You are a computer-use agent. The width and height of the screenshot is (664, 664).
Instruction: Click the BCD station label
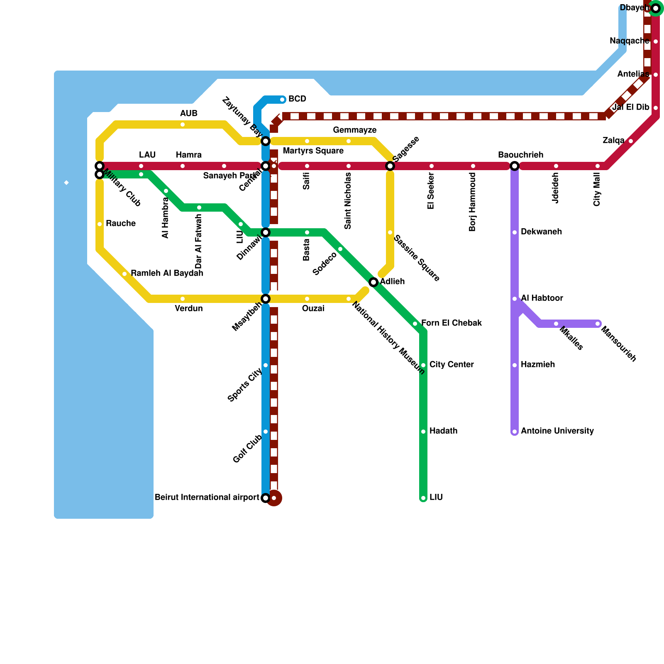297,99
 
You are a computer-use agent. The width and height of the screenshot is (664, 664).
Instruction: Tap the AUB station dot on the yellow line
183,124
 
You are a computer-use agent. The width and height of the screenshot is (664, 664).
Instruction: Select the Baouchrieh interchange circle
515,166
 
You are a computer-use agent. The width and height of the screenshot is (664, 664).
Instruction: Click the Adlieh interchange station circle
373,282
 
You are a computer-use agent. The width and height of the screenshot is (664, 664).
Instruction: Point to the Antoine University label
557,431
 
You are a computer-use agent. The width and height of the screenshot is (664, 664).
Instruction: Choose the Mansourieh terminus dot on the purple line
598,324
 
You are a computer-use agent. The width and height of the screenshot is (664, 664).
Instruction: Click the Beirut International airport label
207,497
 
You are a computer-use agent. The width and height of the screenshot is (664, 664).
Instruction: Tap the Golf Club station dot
266,432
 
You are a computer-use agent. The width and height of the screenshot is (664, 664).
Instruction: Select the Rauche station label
121,224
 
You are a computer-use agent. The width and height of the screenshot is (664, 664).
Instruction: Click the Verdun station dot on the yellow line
183,299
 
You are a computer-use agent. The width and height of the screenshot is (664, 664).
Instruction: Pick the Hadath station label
443,431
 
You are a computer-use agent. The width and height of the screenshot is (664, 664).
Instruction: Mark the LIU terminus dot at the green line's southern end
423,498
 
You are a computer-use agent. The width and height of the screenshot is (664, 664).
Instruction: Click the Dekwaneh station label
541,232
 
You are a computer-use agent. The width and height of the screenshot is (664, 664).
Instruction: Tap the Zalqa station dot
631,141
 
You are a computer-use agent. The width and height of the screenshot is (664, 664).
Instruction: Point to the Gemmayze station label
354,130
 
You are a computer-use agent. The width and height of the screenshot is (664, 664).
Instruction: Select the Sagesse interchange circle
390,166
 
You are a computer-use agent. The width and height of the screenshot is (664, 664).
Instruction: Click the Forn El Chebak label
452,323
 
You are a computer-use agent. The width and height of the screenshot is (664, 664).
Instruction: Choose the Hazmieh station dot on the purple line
515,365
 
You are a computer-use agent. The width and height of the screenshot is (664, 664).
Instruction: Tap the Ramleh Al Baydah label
167,273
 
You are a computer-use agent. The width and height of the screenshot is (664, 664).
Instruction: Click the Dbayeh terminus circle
656,8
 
